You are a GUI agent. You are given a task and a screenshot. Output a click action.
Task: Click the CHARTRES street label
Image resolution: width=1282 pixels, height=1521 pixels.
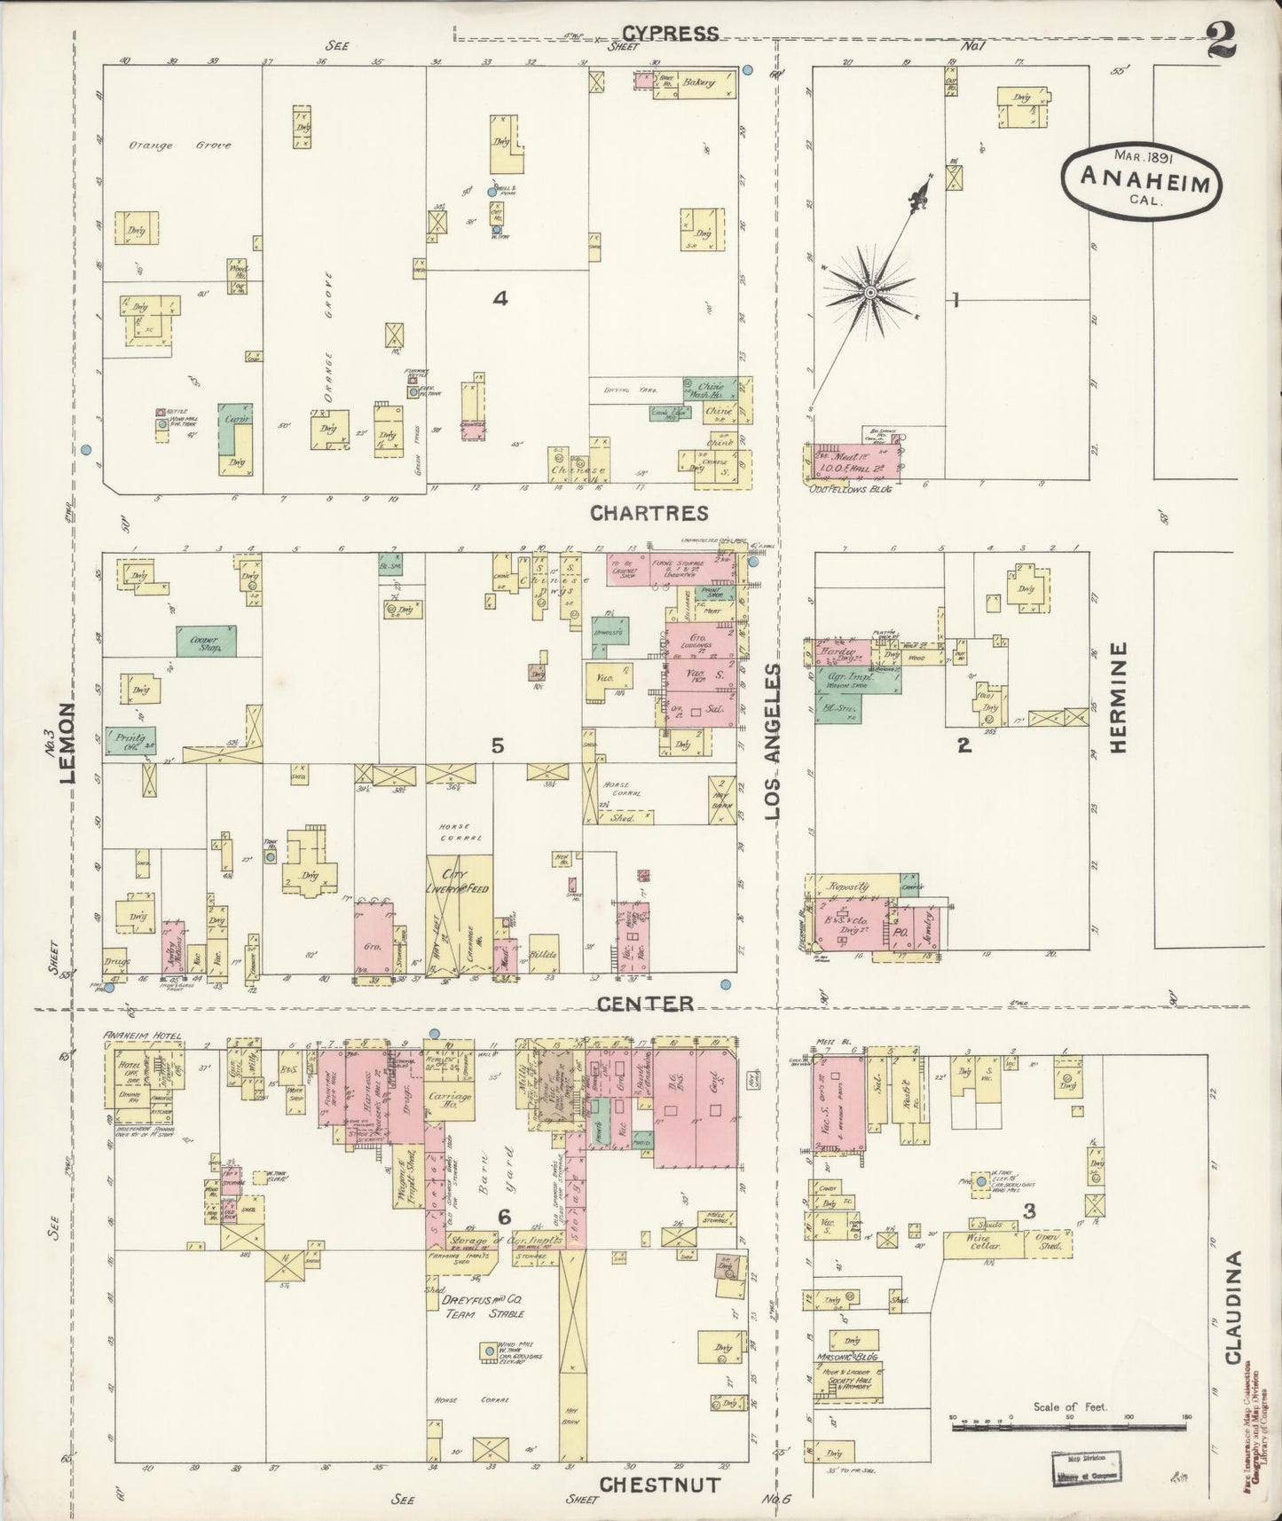click(x=649, y=514)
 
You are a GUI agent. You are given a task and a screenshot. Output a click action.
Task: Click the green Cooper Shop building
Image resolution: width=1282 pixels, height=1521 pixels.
click(x=206, y=642)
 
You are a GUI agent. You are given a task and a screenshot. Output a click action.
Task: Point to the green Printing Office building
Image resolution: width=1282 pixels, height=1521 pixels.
click(x=130, y=740)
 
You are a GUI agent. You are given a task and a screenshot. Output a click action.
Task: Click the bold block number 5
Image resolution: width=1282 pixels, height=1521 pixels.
click(x=498, y=746)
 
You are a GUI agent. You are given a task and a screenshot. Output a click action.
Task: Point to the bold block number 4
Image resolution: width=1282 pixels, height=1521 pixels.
click(x=500, y=299)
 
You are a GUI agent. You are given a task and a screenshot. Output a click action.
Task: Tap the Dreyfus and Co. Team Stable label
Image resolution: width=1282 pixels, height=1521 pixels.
click(x=483, y=1306)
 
